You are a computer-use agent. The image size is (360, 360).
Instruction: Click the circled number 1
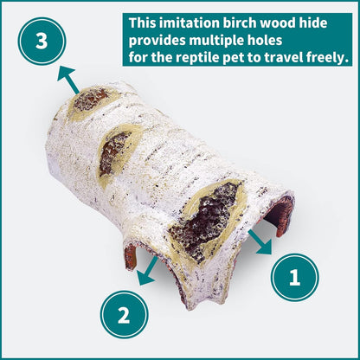pyautogui.click(x=294, y=278)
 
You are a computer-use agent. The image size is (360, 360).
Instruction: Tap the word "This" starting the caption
pyautogui.click(x=145, y=22)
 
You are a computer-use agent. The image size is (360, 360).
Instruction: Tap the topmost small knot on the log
pyautogui.click(x=89, y=100)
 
